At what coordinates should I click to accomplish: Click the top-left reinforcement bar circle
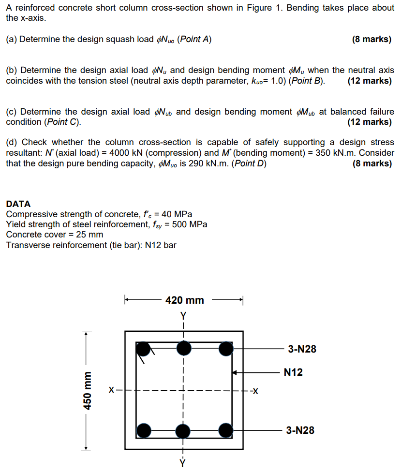(x=144, y=348)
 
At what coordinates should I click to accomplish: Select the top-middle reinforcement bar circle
(x=184, y=348)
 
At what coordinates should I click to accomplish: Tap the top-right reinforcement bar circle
(x=225, y=349)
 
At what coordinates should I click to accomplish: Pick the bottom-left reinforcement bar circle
(x=144, y=429)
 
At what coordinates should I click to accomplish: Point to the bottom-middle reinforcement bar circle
(x=184, y=430)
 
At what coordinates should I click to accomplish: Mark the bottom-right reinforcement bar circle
(x=225, y=429)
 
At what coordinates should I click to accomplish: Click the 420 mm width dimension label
(x=184, y=300)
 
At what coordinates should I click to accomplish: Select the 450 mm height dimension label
(x=88, y=391)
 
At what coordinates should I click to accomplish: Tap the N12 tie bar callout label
(x=293, y=372)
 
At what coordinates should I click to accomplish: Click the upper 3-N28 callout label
(x=302, y=349)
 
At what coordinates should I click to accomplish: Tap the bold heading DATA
(x=18, y=204)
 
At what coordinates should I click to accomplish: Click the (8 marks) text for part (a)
(x=371, y=40)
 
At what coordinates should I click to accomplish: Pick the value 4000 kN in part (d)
(x=126, y=153)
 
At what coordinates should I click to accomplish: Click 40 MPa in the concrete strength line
(x=175, y=214)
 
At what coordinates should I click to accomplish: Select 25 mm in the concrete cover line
(x=91, y=235)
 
